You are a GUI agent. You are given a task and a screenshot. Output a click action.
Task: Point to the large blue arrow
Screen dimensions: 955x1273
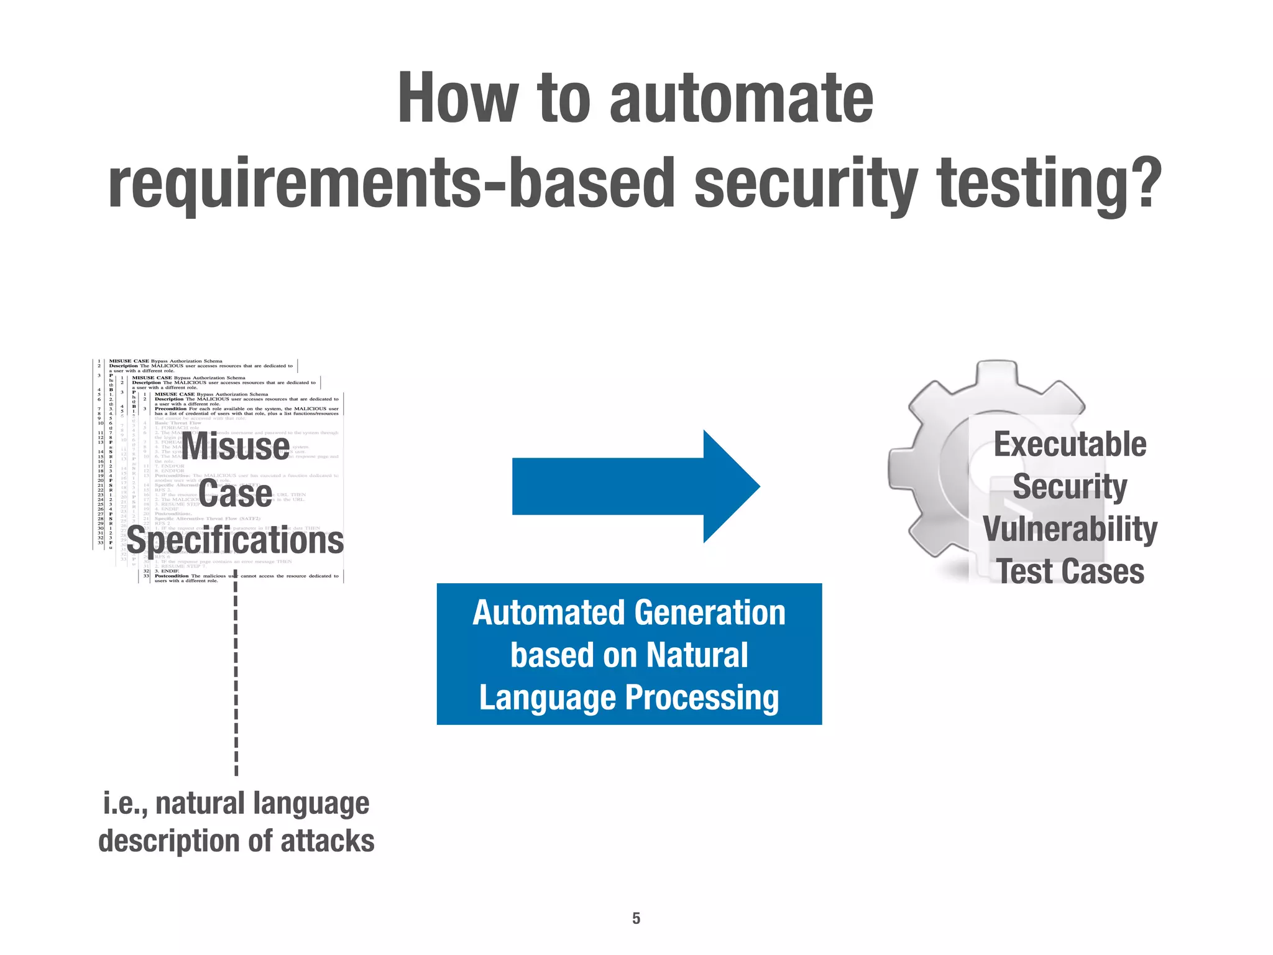(x=634, y=486)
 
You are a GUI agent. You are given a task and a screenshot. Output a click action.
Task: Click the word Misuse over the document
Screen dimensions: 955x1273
(x=236, y=446)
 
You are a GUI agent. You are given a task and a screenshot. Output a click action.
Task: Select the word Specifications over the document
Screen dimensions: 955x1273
(x=236, y=541)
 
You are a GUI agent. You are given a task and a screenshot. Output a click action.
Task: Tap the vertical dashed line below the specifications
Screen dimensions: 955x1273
(x=236, y=678)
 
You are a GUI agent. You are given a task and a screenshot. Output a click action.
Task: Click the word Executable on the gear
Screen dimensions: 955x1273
(x=1070, y=445)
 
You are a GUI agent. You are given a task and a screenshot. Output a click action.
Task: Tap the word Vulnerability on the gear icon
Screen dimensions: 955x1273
(x=1070, y=529)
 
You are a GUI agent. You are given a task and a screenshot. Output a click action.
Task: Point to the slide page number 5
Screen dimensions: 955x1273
(x=636, y=918)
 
